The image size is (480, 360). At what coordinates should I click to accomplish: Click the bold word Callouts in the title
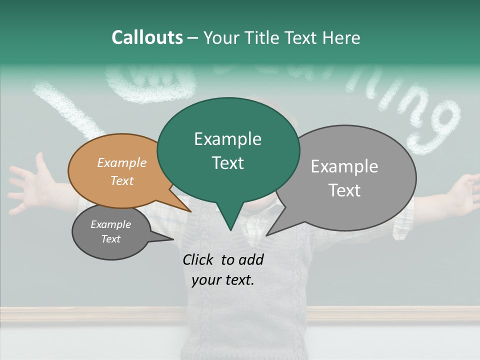(147, 37)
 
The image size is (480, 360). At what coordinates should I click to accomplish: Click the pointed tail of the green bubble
(230, 227)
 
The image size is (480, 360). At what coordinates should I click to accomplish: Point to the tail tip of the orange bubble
(190, 211)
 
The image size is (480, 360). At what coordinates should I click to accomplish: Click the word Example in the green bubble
(227, 139)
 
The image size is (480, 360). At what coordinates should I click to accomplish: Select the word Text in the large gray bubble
(345, 190)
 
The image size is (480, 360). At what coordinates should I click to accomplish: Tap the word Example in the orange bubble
(122, 162)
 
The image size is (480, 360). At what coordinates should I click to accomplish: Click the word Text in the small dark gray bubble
(111, 239)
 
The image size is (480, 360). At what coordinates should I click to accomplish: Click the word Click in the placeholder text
(199, 259)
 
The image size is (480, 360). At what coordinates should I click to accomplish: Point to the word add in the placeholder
(250, 259)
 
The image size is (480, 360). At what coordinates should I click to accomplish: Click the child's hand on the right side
(462, 195)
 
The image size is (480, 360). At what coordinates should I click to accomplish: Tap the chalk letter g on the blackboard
(440, 125)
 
